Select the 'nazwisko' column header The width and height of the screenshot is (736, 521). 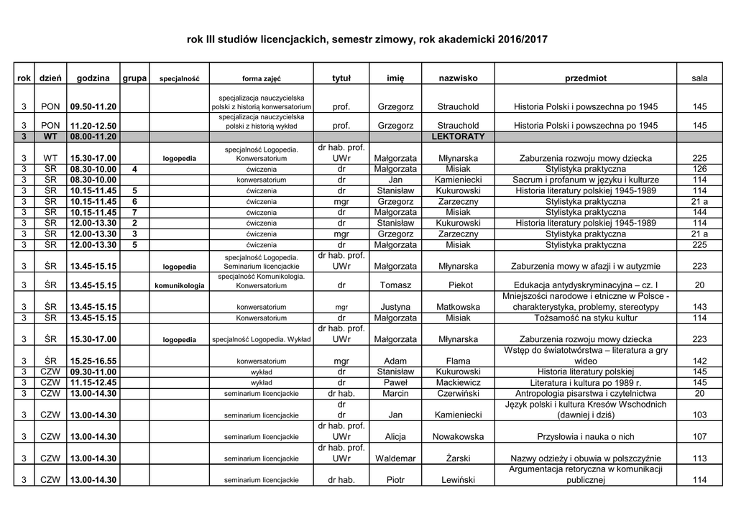tap(458, 78)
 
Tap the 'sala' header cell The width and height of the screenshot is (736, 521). tap(699, 78)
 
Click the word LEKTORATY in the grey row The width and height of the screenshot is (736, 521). tap(458, 136)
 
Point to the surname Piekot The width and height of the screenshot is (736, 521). tap(458, 285)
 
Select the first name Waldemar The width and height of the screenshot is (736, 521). tap(395, 458)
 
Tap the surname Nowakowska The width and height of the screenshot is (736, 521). tap(458, 436)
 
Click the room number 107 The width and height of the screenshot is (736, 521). tap(699, 436)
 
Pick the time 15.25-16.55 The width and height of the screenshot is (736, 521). tap(93, 361)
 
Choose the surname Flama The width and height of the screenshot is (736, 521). tap(458, 361)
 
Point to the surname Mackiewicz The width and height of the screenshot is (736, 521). tap(458, 383)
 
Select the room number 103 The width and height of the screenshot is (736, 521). tap(699, 415)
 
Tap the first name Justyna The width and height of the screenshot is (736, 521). tap(395, 307)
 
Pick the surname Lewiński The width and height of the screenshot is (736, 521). tap(458, 480)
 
